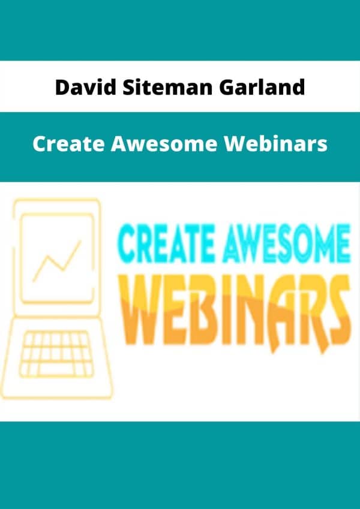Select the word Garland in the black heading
(x=262, y=88)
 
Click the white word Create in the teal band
(x=68, y=144)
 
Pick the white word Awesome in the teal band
(x=164, y=144)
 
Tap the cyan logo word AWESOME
(x=287, y=243)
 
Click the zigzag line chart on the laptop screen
(x=57, y=261)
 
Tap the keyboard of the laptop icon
(x=56, y=354)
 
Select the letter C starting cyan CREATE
(x=128, y=243)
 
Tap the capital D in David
(x=62, y=88)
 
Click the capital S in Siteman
(x=128, y=88)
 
